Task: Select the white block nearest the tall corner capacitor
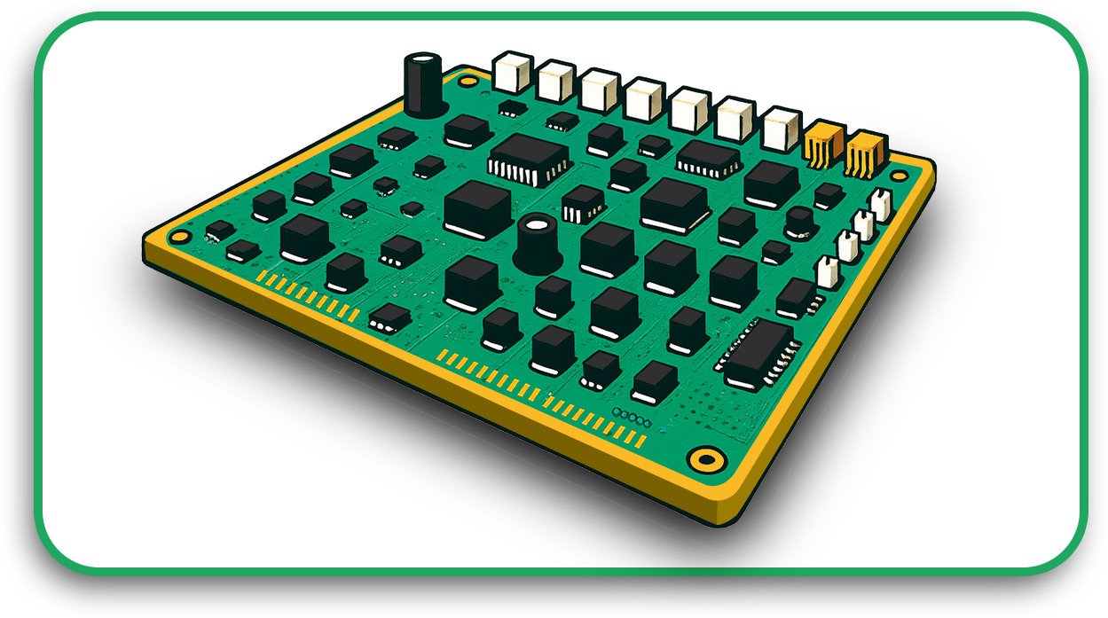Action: tap(512, 72)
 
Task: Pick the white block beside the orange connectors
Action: tap(782, 129)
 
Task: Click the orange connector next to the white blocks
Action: tap(825, 142)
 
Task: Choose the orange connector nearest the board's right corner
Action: tap(866, 153)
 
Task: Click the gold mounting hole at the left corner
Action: tap(180, 237)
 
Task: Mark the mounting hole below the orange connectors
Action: tap(900, 176)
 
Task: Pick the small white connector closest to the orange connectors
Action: tap(881, 204)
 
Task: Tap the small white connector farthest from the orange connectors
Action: tap(827, 270)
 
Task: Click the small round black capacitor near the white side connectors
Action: tap(801, 223)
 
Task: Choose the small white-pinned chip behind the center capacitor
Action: tap(583, 203)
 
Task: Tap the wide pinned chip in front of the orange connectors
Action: tap(709, 158)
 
